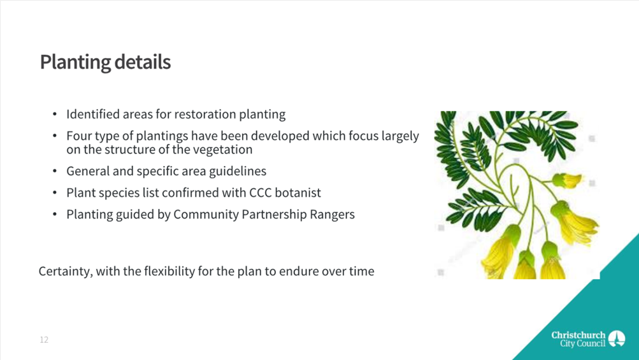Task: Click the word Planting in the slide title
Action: tap(75, 62)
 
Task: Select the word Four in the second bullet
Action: tap(79, 136)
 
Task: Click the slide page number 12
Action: tap(44, 340)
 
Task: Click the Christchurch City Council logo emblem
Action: tap(617, 339)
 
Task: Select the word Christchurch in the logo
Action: tap(578, 335)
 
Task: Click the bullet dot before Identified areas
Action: tap(55, 115)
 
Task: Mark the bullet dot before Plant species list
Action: tap(55, 193)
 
